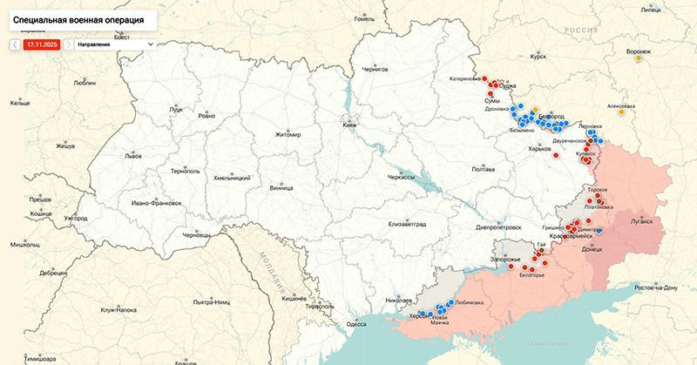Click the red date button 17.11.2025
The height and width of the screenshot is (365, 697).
click(x=42, y=43)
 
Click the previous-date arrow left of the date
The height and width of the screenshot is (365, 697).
click(x=16, y=43)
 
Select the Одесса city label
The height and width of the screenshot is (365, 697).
click(x=356, y=324)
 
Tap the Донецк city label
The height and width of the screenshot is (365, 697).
click(x=592, y=249)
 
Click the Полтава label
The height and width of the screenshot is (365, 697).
click(x=483, y=169)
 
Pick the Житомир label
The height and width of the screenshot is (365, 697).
click(x=287, y=134)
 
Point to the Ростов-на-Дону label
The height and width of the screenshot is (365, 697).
click(x=656, y=287)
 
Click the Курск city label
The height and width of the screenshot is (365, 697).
click(x=538, y=57)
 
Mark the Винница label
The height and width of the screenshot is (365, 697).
click(x=281, y=186)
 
